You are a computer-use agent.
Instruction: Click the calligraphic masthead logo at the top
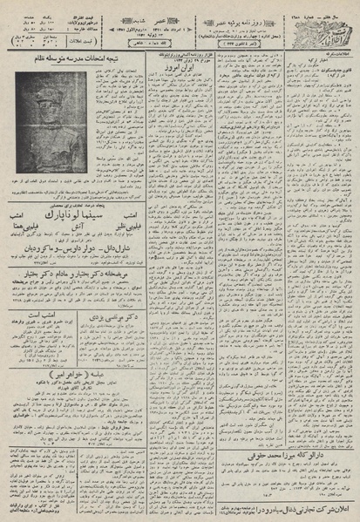click(x=326, y=26)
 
